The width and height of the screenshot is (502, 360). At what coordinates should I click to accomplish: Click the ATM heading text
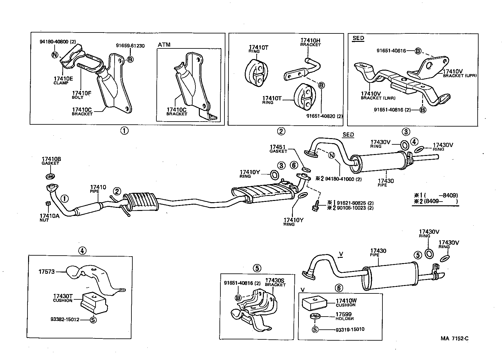pos(164,45)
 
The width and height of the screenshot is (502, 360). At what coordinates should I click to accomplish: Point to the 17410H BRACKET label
pos(310,42)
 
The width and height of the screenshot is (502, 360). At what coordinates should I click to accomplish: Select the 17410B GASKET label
pos(50,161)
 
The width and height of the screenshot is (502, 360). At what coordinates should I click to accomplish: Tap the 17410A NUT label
pos(49,217)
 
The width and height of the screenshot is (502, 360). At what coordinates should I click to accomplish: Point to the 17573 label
pos(47,272)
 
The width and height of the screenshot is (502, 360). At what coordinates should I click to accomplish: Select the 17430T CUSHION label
pos(63,298)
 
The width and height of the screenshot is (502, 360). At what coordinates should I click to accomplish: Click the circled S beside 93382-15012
pos(93,320)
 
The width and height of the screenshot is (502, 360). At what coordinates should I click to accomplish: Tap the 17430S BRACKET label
pos(275,282)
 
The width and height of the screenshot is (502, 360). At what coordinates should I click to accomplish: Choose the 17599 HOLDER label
pos(344,316)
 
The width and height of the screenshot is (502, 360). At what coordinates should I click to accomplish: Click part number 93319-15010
pos(350,329)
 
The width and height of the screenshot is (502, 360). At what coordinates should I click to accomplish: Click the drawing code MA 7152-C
pos(454,338)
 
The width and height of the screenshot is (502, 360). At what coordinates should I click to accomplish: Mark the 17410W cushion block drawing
pos(314,303)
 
